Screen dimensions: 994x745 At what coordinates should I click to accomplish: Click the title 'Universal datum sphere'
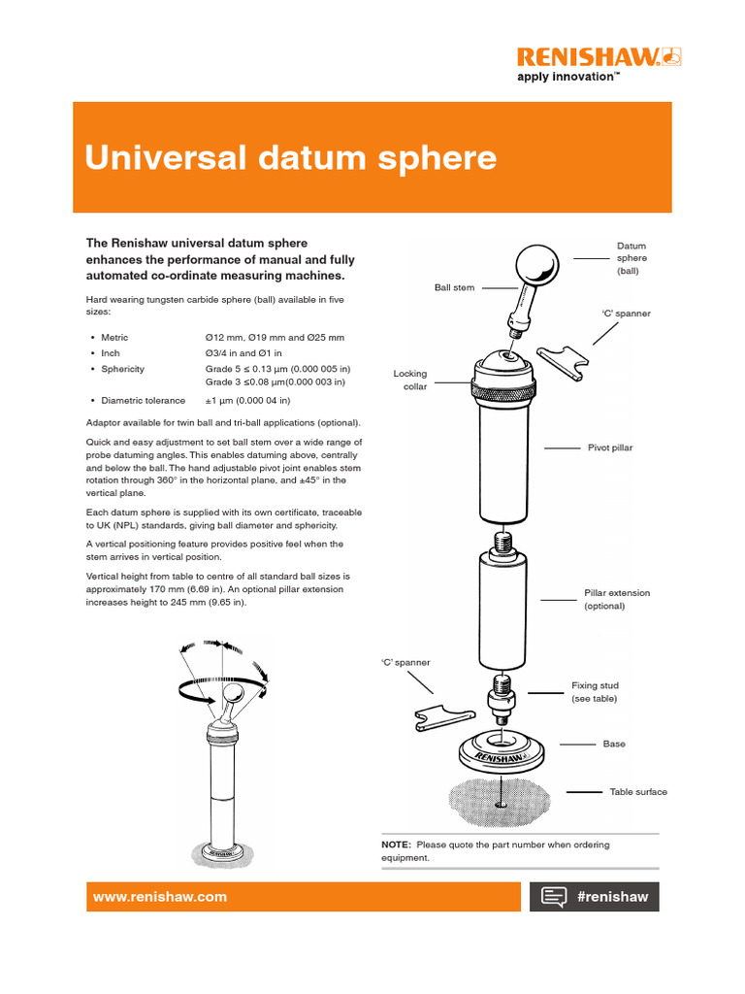click(x=291, y=157)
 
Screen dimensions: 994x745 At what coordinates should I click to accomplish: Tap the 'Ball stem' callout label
click(x=454, y=288)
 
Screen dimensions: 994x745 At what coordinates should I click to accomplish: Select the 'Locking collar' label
click(x=409, y=380)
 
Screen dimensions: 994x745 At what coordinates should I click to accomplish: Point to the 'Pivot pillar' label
click(x=610, y=448)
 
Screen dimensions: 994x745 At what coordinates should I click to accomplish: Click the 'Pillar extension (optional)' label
click(x=616, y=599)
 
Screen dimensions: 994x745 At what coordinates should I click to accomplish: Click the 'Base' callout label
click(x=614, y=744)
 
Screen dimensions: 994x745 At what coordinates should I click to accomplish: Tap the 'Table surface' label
click(x=637, y=792)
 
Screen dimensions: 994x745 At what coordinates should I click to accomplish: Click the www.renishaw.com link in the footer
click(x=159, y=897)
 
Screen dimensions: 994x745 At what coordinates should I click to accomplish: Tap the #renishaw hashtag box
click(x=594, y=897)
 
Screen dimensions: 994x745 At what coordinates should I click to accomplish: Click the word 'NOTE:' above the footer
click(x=396, y=845)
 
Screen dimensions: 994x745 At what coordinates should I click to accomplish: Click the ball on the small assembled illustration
click(x=232, y=694)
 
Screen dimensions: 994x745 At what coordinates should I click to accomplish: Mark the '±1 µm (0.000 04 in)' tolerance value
click(x=247, y=400)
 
